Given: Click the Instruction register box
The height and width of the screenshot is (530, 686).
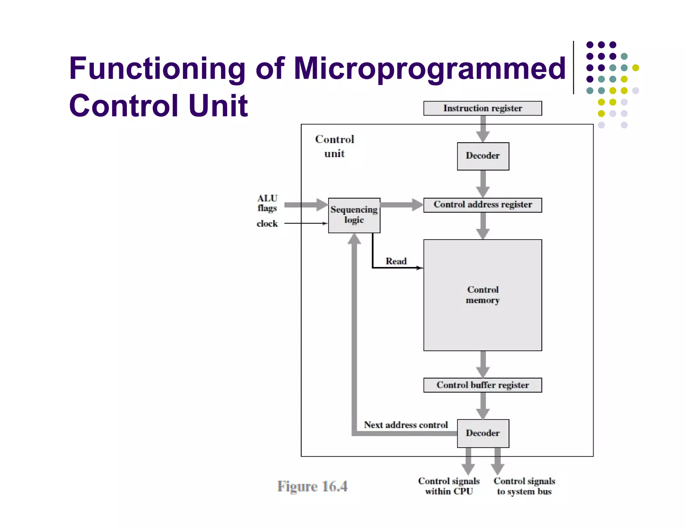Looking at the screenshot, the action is pyautogui.click(x=482, y=108).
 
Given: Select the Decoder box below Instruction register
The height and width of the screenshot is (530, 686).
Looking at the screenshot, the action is pyautogui.click(x=483, y=156).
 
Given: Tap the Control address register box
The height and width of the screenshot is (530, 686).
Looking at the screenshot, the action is pyautogui.click(x=482, y=205).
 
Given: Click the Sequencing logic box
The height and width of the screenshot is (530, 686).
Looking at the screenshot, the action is pyautogui.click(x=354, y=215).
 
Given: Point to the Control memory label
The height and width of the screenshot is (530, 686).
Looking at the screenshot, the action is pyautogui.click(x=483, y=295).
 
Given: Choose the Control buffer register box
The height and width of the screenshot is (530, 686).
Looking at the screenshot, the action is pyautogui.click(x=482, y=385).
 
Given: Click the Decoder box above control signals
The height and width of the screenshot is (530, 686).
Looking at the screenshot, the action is pyautogui.click(x=483, y=433).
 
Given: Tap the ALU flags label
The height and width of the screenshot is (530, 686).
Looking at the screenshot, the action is pyautogui.click(x=267, y=203).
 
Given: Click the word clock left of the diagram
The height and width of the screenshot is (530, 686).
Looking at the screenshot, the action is pyautogui.click(x=267, y=223).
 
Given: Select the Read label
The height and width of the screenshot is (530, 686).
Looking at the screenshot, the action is pyautogui.click(x=396, y=261).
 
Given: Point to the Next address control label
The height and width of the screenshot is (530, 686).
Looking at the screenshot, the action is pyautogui.click(x=406, y=425).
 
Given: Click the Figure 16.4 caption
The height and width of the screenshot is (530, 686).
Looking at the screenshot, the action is pyautogui.click(x=312, y=486).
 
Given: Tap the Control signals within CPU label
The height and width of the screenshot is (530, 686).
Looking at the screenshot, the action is pyautogui.click(x=449, y=486).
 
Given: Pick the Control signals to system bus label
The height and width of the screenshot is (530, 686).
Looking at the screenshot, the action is pyautogui.click(x=524, y=486).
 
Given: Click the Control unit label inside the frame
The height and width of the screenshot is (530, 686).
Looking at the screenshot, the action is pyautogui.click(x=334, y=146).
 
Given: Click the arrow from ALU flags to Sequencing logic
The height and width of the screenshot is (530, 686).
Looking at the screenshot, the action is pyautogui.click(x=306, y=205).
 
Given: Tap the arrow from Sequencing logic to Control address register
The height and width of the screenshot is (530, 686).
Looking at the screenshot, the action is pyautogui.click(x=402, y=205).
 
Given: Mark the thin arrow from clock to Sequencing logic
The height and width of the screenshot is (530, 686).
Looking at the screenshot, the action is pyautogui.click(x=306, y=223).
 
